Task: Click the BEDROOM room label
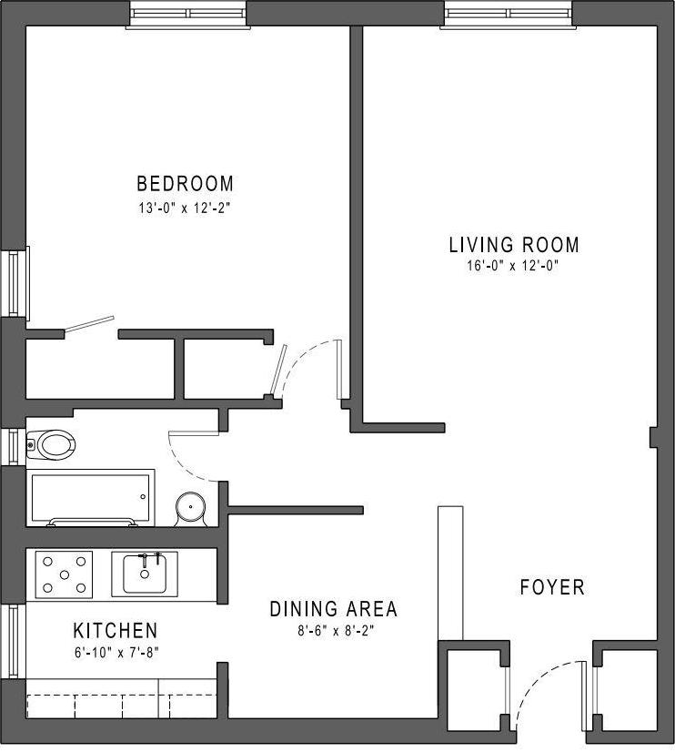pos(185,184)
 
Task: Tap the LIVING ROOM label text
pos(513,245)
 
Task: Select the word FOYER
pos(551,587)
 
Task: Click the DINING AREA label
pos(333,609)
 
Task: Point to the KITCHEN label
pos(115,630)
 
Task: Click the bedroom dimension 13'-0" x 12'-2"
pos(185,207)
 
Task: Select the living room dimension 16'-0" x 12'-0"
pos(513,267)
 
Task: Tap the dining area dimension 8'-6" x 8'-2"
pos(333,629)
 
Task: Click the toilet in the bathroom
pos(51,445)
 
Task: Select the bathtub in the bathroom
pos(91,497)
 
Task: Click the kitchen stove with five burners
pos(64,574)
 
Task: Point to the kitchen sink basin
pos(145,574)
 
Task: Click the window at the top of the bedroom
pos(187,15)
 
